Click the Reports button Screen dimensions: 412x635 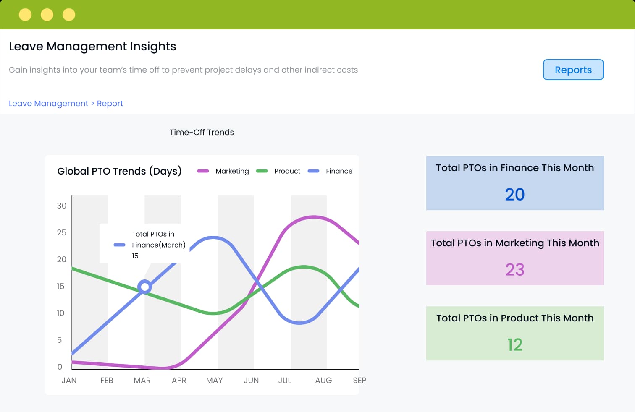click(x=573, y=70)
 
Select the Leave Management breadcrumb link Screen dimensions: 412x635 click(x=48, y=103)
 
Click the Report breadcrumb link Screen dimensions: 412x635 click(x=110, y=103)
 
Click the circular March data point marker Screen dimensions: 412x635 click(x=144, y=287)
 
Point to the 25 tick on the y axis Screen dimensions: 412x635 click(x=61, y=232)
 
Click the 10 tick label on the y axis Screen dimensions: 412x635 click(x=60, y=313)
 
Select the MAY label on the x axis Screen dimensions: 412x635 click(x=214, y=381)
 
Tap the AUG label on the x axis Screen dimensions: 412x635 click(x=323, y=381)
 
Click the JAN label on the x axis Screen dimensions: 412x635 click(x=69, y=381)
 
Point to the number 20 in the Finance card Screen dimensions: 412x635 click(x=514, y=195)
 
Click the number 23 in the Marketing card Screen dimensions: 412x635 click(x=514, y=270)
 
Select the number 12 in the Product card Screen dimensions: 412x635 click(x=514, y=345)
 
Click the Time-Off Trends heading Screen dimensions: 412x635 click(x=202, y=132)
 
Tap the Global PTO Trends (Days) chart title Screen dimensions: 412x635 click(x=119, y=171)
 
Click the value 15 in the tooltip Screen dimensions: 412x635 click(x=135, y=256)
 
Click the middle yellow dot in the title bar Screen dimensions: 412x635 click(x=47, y=15)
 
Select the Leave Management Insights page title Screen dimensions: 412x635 click(x=92, y=46)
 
